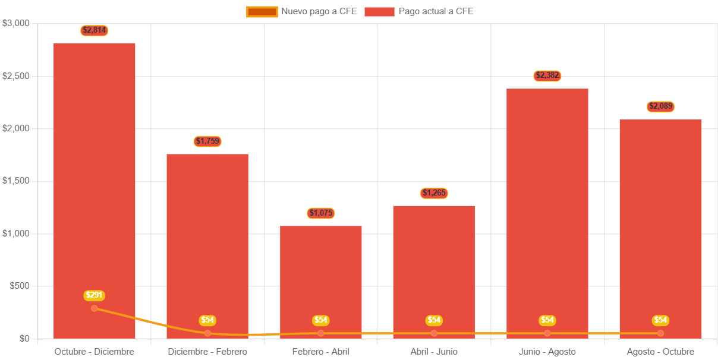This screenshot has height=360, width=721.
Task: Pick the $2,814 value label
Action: (95, 30)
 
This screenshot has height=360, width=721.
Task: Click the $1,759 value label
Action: (207, 141)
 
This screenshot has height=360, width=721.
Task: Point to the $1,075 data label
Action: (321, 213)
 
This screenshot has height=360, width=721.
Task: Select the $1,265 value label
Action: (434, 193)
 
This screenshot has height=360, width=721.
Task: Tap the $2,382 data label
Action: (547, 75)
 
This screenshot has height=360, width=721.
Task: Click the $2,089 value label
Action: (660, 106)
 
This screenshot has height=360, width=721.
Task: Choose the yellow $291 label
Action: (95, 295)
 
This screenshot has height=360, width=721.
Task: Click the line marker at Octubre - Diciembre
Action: (95, 308)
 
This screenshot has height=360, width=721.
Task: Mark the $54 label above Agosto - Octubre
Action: (660, 320)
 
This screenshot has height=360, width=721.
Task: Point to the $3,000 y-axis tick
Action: (16, 23)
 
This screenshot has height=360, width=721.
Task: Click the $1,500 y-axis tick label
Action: (16, 181)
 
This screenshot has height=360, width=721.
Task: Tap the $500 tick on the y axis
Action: (20, 286)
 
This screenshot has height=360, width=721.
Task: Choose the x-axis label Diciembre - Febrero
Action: (207, 352)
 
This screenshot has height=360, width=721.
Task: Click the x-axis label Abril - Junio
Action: (434, 352)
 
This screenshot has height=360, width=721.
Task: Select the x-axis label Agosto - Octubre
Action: (660, 352)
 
